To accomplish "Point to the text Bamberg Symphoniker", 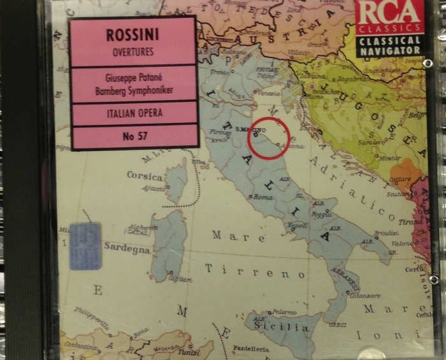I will click(x=134, y=90).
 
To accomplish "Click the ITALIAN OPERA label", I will click(x=134, y=113).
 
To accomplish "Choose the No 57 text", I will click(x=134, y=136).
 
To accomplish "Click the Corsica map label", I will click(x=145, y=175).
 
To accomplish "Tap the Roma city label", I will click(x=263, y=198).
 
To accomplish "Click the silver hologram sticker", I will click(x=85, y=246).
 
